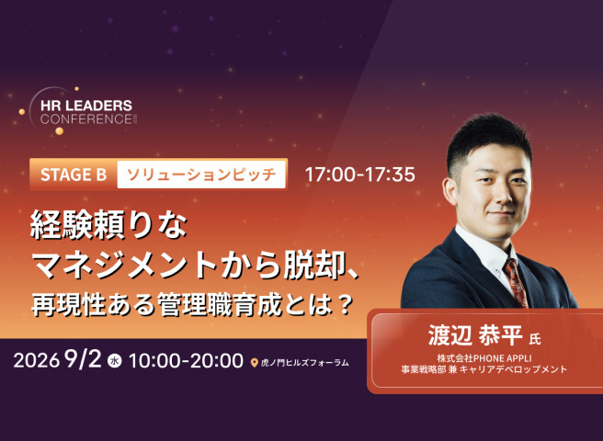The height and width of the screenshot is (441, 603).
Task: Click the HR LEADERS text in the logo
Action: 86,106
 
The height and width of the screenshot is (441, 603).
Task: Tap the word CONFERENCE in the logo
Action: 86,119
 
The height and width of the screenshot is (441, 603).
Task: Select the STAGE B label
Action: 74,175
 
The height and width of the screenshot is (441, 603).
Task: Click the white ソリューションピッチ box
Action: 201,175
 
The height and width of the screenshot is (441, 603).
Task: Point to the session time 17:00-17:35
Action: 360,175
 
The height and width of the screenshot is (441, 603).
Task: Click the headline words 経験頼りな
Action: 108,224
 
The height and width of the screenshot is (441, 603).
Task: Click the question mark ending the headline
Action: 347,304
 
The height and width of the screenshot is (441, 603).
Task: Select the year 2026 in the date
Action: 36,360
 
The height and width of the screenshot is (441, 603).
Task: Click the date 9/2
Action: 84,359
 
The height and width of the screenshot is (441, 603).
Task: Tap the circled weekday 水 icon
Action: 115,361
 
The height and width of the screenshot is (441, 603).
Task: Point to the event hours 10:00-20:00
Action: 186,360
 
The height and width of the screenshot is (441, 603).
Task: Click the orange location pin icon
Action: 254,363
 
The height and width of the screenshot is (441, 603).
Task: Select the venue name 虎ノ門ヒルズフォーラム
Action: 304,363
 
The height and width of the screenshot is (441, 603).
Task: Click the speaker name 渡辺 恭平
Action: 475,335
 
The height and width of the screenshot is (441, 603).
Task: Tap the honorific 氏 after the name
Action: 535,339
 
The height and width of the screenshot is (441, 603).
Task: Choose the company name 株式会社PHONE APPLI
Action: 484,358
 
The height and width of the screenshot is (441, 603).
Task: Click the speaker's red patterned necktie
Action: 516,283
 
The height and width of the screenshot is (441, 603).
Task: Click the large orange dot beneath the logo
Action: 59,131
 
